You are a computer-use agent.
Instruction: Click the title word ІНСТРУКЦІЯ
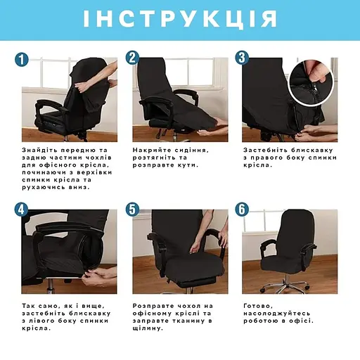coord(180,19)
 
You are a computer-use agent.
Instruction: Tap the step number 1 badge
coord(22,60)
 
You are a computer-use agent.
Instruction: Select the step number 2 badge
coord(131,58)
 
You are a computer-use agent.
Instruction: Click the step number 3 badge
coord(242,58)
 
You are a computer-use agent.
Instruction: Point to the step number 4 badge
coord(22,210)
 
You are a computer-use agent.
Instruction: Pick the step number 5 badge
coord(131,210)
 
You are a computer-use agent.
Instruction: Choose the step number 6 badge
coord(242,210)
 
